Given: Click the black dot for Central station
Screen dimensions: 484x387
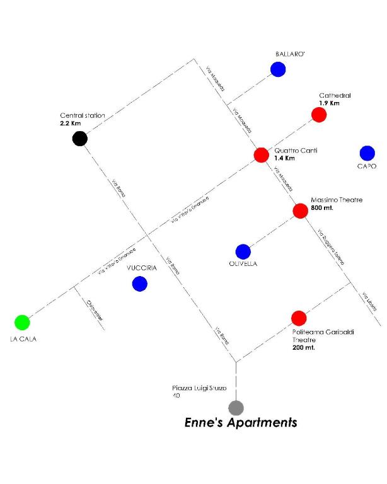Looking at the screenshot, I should pyautogui.click(x=79, y=139).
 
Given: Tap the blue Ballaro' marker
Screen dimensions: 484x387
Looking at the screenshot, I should pyautogui.click(x=277, y=69).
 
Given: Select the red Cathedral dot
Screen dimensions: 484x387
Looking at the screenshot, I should pyautogui.click(x=319, y=115).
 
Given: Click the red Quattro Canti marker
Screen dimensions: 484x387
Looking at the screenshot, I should pyautogui.click(x=261, y=154).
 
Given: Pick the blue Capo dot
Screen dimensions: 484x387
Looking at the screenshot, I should pyautogui.click(x=367, y=153).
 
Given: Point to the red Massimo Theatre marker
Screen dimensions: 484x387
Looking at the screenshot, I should pyautogui.click(x=300, y=210).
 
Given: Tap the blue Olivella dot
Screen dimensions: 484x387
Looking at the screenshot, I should pyautogui.click(x=243, y=251).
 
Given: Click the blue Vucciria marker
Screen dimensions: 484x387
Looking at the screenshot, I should pyautogui.click(x=139, y=284).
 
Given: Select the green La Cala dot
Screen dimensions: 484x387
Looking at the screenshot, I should pyautogui.click(x=22, y=322).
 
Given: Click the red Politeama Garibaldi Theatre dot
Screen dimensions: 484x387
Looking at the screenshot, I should pyautogui.click(x=299, y=318).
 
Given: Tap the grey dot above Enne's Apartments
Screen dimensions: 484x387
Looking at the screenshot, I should pyautogui.click(x=236, y=407).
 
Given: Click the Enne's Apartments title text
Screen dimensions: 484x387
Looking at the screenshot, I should pyautogui.click(x=240, y=422).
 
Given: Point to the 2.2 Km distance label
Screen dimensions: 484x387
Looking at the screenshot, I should pyautogui.click(x=71, y=124).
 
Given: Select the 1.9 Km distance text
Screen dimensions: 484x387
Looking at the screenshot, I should pyautogui.click(x=329, y=103).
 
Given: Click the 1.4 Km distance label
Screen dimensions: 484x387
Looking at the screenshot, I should pyautogui.click(x=285, y=159).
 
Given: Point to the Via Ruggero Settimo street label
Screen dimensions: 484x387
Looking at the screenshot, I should pyautogui.click(x=331, y=246).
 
